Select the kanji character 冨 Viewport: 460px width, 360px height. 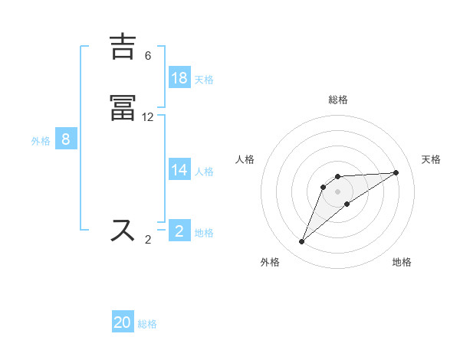(x=123, y=109)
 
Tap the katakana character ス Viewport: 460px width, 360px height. (x=123, y=231)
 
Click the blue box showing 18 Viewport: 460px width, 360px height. (x=179, y=77)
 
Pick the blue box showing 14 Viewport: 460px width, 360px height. (x=179, y=170)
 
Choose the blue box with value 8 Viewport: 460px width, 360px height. (x=66, y=139)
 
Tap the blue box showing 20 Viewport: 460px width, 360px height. (x=123, y=322)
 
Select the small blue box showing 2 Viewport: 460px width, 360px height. (x=179, y=231)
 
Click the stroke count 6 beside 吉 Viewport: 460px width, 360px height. (x=148, y=56)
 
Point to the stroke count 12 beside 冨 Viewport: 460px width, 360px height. (x=148, y=117)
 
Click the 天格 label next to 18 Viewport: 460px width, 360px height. (x=204, y=79)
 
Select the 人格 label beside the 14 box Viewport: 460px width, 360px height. (x=204, y=172)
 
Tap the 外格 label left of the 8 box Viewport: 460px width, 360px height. (x=41, y=141)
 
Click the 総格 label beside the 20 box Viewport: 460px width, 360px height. (x=147, y=324)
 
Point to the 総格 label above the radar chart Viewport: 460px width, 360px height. (x=338, y=100)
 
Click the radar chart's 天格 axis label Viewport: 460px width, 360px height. (x=432, y=159)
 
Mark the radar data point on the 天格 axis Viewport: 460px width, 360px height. (x=396, y=172)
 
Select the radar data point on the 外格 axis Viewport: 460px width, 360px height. (x=302, y=242)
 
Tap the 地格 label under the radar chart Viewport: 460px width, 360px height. (x=402, y=262)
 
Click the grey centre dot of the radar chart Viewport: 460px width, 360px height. (x=338, y=191)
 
